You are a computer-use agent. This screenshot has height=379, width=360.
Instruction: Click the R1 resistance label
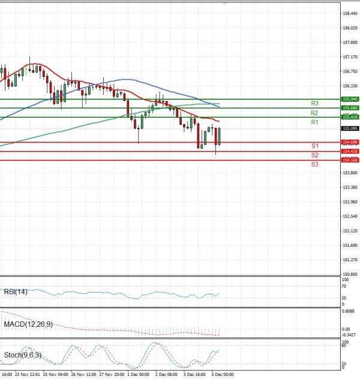coord(314,123)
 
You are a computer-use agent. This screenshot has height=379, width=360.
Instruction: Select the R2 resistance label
coord(314,113)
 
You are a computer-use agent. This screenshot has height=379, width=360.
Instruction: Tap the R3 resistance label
coord(314,103)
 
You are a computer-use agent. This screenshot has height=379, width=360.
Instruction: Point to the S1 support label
coord(314,146)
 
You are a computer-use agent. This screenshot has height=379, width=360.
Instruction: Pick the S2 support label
coord(314,155)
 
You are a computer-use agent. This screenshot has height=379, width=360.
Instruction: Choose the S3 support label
coord(314,164)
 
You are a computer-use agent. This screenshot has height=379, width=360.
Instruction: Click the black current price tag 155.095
coord(350,129)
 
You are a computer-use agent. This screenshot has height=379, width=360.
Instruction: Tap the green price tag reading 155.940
coord(350,99)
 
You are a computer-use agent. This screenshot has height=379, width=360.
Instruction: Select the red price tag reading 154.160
coord(350,160)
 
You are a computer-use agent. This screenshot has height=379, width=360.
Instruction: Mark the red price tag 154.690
coord(350,142)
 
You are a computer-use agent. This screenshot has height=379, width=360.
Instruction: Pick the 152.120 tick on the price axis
coord(350,231)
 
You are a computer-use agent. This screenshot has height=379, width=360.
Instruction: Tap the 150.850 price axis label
coord(350,274)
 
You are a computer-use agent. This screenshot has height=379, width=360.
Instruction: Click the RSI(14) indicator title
coord(16,293)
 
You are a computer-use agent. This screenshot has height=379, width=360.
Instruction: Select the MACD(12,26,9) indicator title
coord(28,324)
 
